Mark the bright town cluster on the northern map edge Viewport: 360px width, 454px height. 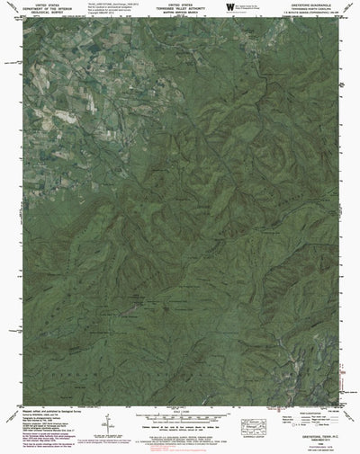tap(261, 36)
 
